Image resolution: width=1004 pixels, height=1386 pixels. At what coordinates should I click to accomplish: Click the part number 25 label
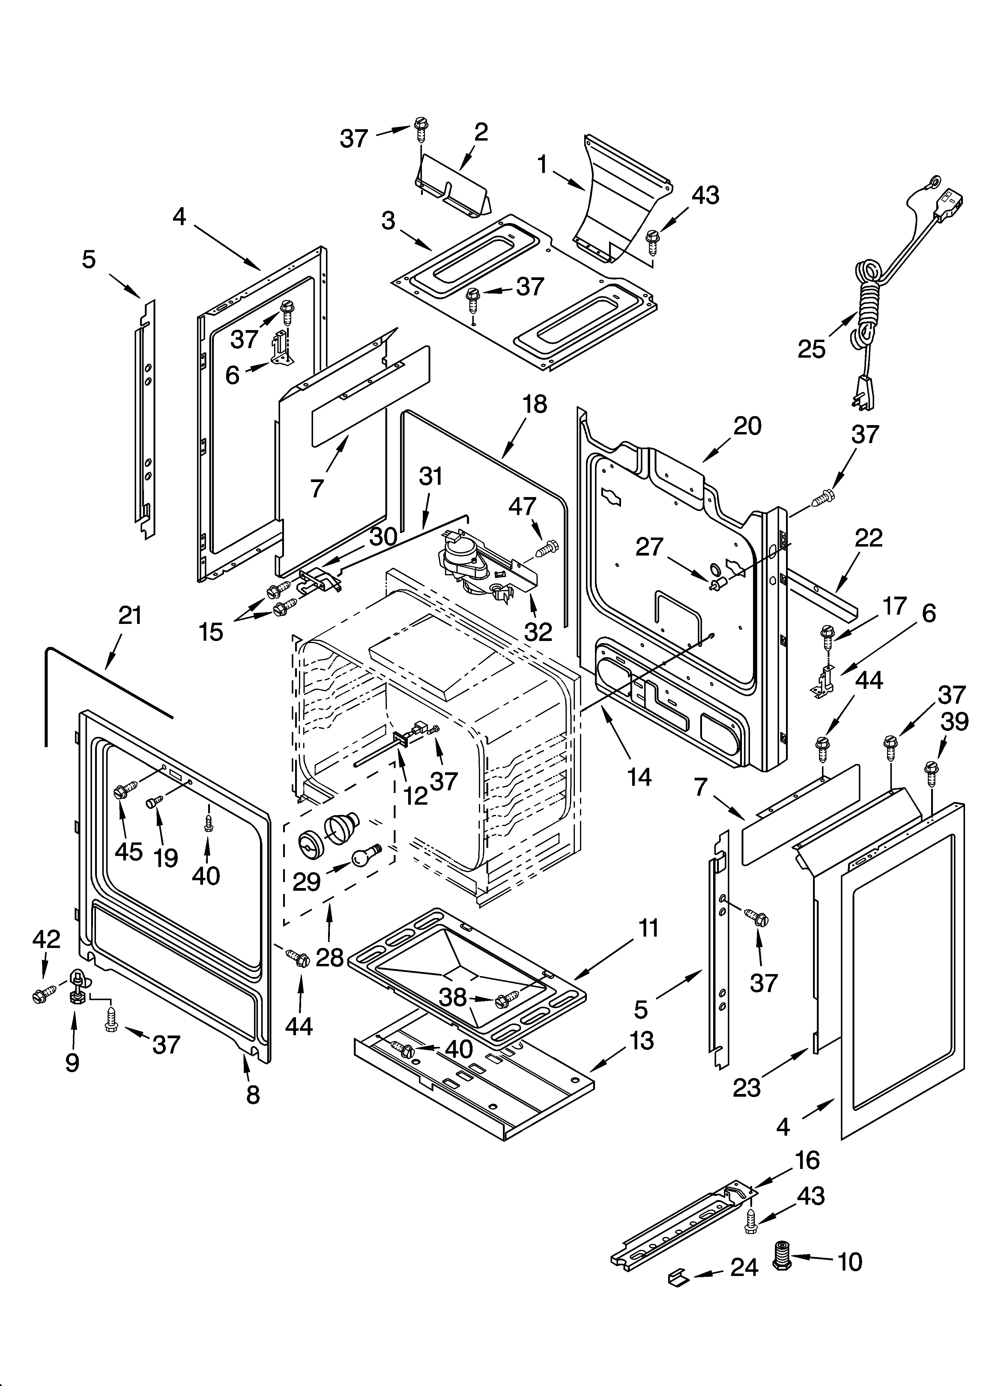(811, 349)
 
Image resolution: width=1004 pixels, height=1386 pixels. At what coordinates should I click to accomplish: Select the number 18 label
(535, 404)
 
